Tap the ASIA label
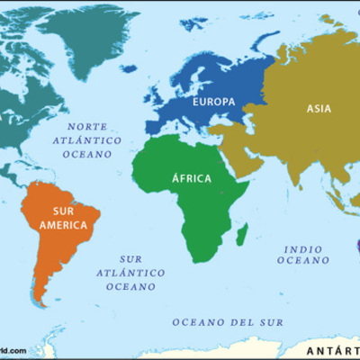click(x=319, y=109)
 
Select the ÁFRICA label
click(x=191, y=178)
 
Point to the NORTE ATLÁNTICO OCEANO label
click(x=87, y=141)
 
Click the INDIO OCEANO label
click(x=303, y=254)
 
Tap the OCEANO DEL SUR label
click(x=228, y=321)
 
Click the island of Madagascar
click(x=242, y=235)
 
